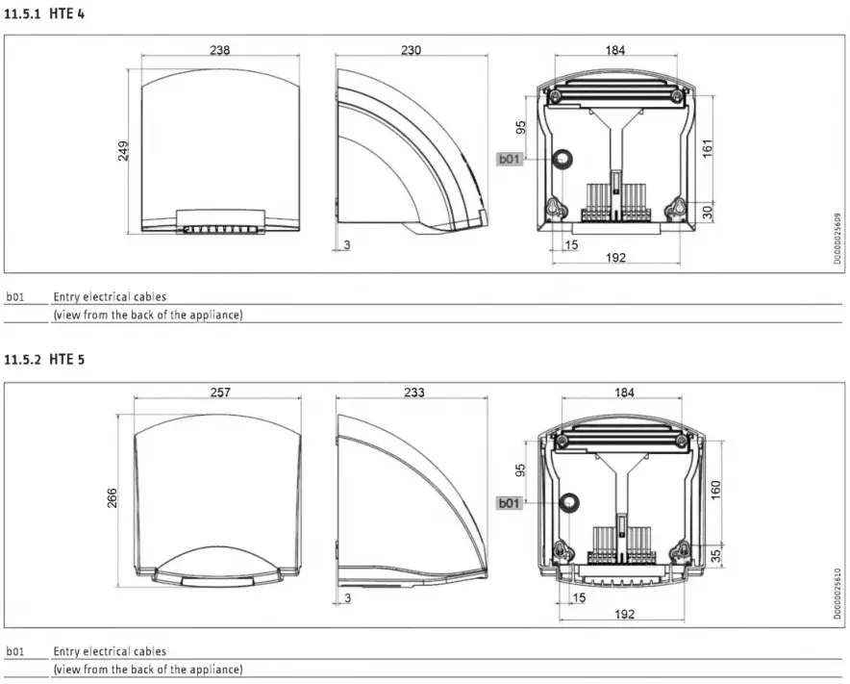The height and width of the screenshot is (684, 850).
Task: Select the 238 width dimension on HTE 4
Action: (x=219, y=50)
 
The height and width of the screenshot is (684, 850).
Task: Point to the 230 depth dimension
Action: (x=411, y=50)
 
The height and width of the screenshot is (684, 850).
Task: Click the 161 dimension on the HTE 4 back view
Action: (x=708, y=148)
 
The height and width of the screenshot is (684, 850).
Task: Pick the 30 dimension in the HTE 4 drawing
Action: (x=708, y=212)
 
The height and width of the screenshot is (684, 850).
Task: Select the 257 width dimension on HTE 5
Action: (x=219, y=393)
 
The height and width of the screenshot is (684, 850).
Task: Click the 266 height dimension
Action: (x=112, y=497)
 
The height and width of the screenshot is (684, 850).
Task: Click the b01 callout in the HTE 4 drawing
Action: (x=509, y=160)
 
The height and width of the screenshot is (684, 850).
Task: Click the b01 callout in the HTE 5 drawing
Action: (x=509, y=503)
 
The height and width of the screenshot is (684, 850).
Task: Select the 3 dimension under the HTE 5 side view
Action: (x=347, y=598)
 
